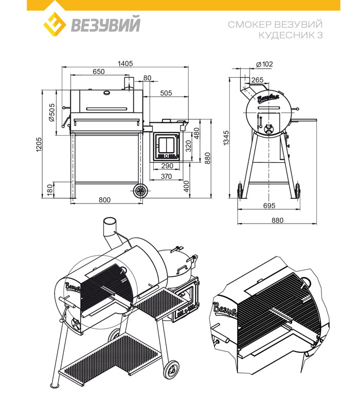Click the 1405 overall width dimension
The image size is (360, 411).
[126, 63]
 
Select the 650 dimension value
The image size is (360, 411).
[99, 71]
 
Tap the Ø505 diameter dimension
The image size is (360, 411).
[51, 111]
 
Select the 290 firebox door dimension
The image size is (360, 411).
[166, 166]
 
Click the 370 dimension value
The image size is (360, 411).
[166, 177]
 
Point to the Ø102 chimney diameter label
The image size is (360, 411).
[264, 64]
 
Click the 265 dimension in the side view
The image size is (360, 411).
[258, 79]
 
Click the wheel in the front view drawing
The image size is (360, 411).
[140, 191]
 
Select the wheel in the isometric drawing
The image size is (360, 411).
[171, 370]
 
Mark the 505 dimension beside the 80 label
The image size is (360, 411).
[166, 93]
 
